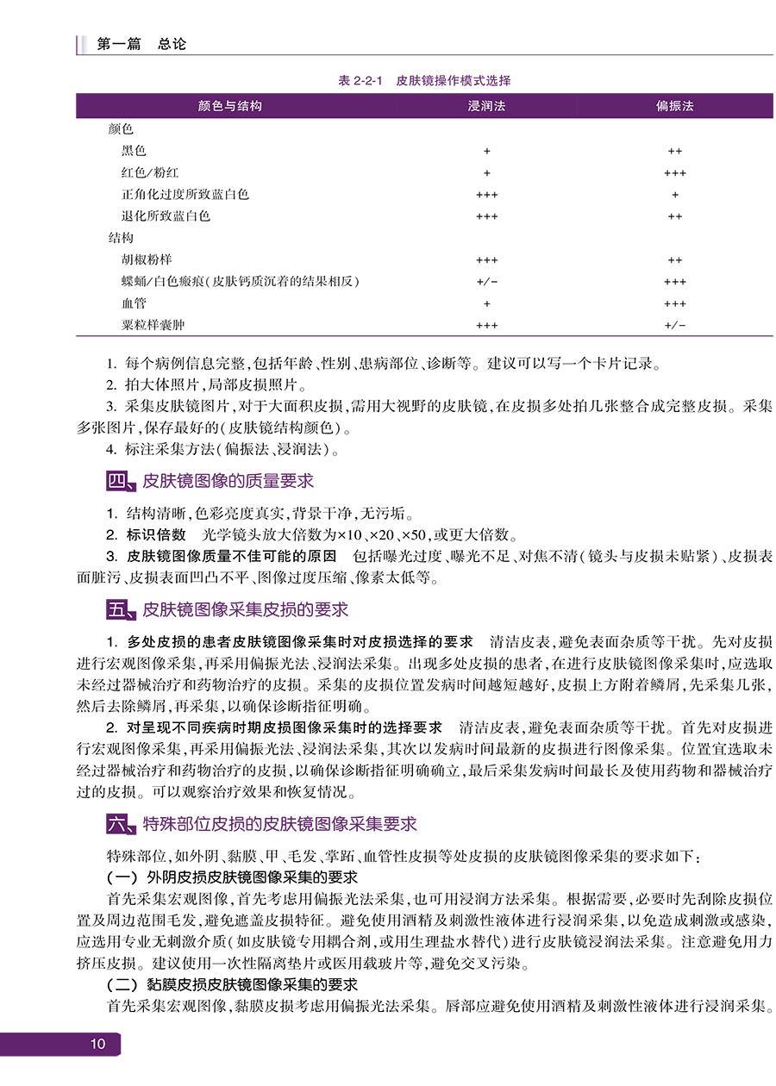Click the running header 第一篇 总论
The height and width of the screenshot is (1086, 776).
click(x=141, y=44)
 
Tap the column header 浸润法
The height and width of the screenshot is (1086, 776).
click(x=486, y=106)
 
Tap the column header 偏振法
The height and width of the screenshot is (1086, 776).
click(x=674, y=106)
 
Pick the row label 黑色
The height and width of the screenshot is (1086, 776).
click(x=134, y=151)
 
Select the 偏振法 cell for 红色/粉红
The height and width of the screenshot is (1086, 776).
click(x=674, y=172)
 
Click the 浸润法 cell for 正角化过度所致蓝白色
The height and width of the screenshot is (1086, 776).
click(x=486, y=195)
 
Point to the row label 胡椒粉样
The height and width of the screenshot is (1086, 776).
click(x=147, y=259)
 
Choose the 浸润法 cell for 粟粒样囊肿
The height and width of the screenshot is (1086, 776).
click(x=486, y=325)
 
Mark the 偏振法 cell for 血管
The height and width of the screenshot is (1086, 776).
click(x=674, y=303)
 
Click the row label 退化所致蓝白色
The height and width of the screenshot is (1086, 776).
click(x=166, y=216)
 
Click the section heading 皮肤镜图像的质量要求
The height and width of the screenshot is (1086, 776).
click(x=228, y=480)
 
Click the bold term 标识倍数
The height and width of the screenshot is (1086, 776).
click(x=156, y=535)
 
